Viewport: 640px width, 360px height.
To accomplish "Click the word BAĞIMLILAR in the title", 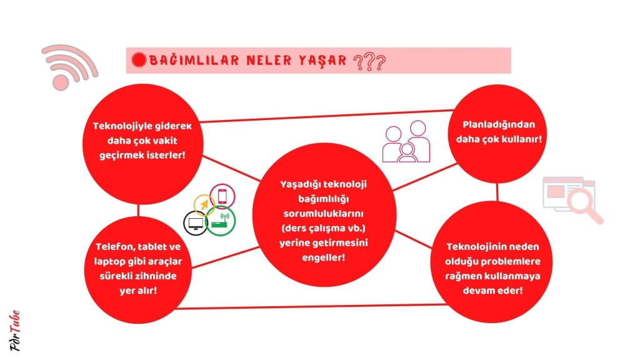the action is (x=194, y=61).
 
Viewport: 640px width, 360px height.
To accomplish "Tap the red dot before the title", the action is (x=139, y=60).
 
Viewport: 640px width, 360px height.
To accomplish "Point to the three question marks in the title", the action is (x=369, y=62).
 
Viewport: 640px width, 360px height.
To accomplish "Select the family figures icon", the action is (x=406, y=142).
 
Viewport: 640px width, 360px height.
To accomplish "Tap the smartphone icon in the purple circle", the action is (x=222, y=196).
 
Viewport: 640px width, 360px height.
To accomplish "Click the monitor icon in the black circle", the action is (x=195, y=223).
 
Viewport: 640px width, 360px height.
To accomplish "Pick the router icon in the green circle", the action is (x=221, y=221).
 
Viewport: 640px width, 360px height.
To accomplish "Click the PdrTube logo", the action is (x=15, y=330).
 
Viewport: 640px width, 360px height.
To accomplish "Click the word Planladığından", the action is (x=498, y=125).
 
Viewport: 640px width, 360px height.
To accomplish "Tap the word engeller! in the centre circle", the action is (x=323, y=257).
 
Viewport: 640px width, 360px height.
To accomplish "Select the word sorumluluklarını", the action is (x=323, y=214).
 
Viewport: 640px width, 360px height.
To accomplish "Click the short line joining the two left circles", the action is (x=138, y=210).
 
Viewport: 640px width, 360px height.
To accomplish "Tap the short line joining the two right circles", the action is (x=497, y=192).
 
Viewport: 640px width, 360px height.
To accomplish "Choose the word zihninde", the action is (x=155, y=276).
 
